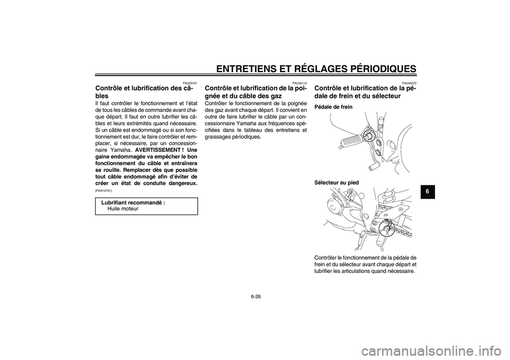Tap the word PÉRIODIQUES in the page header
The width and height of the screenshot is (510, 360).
coord(375,68)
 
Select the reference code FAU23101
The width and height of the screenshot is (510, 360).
coord(190,83)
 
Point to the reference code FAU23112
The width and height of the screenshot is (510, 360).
coord(300,83)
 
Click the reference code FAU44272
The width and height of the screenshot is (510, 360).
coord(409,83)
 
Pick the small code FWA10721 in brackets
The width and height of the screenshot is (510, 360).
coord(104,190)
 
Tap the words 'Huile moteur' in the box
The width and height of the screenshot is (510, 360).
coord(123,209)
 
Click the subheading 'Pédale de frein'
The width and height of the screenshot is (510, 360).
coord(333,107)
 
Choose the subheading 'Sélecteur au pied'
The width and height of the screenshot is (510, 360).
coord(336,182)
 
